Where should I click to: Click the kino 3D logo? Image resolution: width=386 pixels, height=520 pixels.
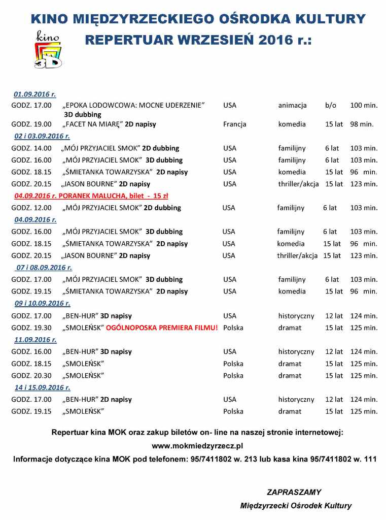[x=48, y=49]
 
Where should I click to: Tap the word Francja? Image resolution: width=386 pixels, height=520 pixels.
[x=234, y=124]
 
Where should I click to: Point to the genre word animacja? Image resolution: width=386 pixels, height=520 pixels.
[x=292, y=106]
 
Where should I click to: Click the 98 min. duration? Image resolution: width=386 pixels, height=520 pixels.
[x=361, y=124]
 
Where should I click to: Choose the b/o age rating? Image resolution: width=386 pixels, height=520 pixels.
[x=331, y=106]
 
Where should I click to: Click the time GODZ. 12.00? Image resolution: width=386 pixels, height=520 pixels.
[x=31, y=208]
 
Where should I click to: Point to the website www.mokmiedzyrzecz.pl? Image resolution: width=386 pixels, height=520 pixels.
[x=198, y=446]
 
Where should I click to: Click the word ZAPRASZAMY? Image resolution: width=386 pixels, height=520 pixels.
[x=294, y=492]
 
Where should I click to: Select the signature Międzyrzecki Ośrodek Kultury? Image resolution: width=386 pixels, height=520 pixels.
[x=296, y=506]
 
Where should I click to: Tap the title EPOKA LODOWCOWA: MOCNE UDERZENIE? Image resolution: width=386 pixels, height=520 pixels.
[x=133, y=106]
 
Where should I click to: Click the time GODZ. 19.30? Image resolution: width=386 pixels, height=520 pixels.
[x=31, y=328]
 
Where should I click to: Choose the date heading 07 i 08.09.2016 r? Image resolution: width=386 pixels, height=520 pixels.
[x=44, y=267]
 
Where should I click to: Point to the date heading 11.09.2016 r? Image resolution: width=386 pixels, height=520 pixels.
[x=35, y=340]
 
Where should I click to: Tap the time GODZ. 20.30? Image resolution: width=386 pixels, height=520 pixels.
[x=31, y=376]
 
